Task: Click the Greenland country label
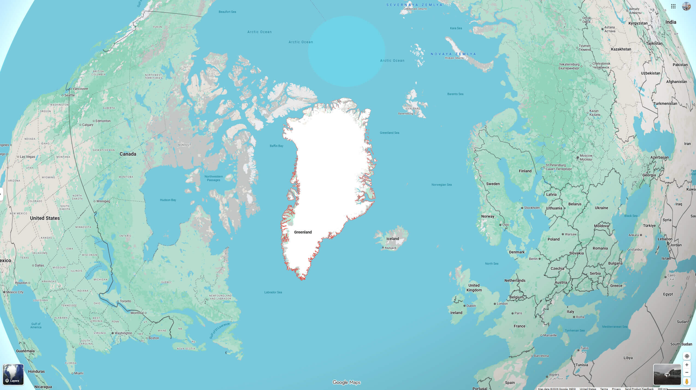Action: pos(303,232)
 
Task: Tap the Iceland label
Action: pos(393,239)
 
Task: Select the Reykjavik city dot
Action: pos(383,248)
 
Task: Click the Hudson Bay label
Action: pos(168,200)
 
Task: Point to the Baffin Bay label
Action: pos(276,146)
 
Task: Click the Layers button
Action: pos(13,374)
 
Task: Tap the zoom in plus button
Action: pos(687,365)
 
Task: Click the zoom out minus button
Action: pos(687,373)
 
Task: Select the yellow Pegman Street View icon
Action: pos(687,381)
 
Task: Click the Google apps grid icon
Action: pos(673,6)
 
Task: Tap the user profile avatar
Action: pos(686,6)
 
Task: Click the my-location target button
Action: pos(687,356)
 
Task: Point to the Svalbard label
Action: pos(413,108)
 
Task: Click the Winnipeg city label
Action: pos(103,201)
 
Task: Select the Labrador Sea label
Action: pos(273,292)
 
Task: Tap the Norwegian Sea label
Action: pos(441,185)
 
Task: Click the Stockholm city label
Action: pos(532,208)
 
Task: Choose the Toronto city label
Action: pos(125,301)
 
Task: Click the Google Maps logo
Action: pos(346,382)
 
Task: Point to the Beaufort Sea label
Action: pos(227,12)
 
